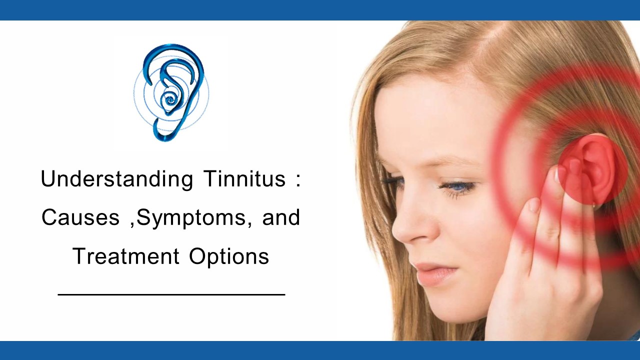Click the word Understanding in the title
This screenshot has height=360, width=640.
116,179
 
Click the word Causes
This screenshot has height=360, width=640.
80,218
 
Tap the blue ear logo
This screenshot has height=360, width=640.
171,92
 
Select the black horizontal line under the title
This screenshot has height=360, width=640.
171,294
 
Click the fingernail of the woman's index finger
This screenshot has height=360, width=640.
534,205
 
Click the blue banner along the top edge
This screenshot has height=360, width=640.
320,10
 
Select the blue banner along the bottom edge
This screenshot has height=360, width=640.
320,350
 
